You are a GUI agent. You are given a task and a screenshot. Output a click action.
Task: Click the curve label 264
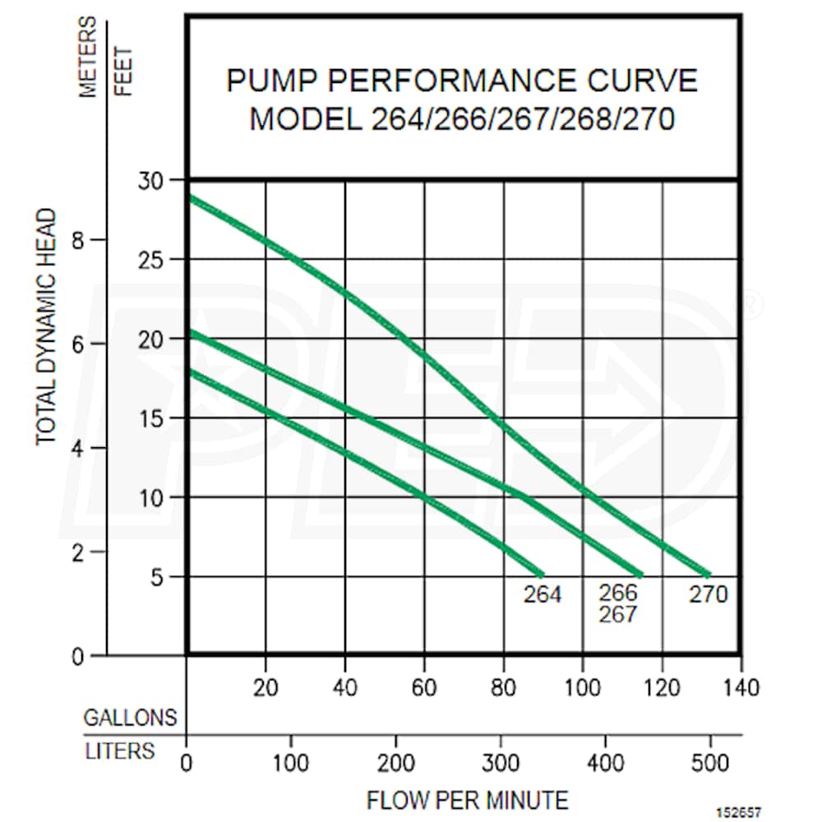click(x=543, y=593)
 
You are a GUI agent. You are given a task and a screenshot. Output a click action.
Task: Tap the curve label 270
click(x=708, y=593)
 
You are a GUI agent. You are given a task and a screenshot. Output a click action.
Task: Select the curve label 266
click(x=618, y=593)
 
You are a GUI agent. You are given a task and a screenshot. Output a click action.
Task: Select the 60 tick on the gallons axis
click(x=424, y=686)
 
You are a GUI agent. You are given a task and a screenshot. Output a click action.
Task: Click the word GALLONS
click(x=130, y=717)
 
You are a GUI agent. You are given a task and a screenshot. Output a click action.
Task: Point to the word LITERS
click(x=119, y=750)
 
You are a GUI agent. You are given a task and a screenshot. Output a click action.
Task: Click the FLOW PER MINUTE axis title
click(x=467, y=800)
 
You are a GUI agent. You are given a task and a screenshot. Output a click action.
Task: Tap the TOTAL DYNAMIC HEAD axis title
click(x=47, y=326)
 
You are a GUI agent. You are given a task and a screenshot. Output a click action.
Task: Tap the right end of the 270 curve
click(x=707, y=575)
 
